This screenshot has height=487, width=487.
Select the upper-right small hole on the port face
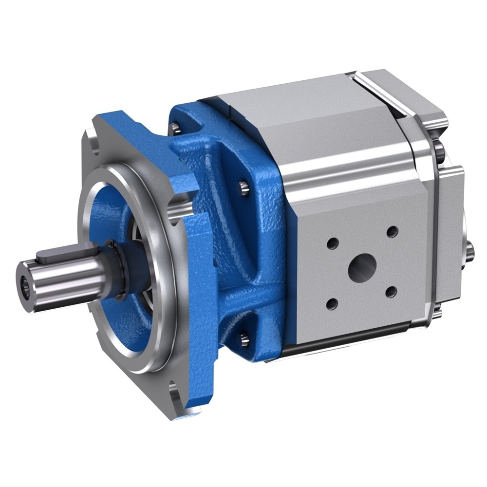coord(393,232)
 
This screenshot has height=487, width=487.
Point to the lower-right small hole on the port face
coord(392,292)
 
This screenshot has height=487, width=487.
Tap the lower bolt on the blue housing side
coord(244,336)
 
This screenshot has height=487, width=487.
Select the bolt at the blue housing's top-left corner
coord(174,129)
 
